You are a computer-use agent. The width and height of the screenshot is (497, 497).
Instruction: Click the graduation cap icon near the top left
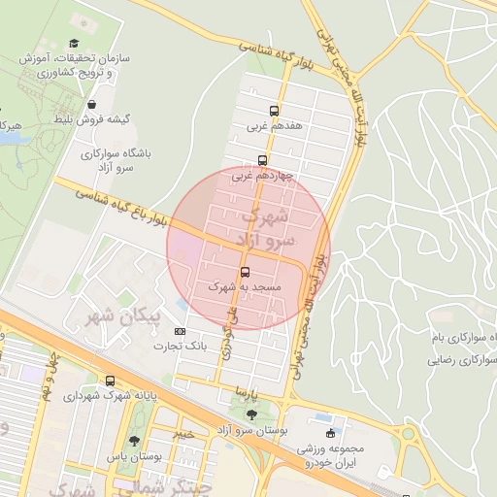tap(75, 44)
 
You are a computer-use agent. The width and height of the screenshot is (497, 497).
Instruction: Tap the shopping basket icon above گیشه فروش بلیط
tap(91, 104)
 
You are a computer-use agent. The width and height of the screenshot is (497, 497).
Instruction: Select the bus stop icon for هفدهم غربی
tap(275, 111)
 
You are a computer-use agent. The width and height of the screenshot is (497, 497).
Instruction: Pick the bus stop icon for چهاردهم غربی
tap(262, 161)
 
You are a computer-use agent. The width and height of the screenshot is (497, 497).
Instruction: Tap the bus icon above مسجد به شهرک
tap(245, 273)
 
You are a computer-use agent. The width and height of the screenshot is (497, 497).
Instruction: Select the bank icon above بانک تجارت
tap(179, 333)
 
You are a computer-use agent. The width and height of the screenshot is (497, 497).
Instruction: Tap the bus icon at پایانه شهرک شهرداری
tap(111, 381)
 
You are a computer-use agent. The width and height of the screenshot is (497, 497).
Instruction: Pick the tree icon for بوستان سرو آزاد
tap(252, 414)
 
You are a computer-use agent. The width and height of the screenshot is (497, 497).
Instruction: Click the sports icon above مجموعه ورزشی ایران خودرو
tap(333, 433)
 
